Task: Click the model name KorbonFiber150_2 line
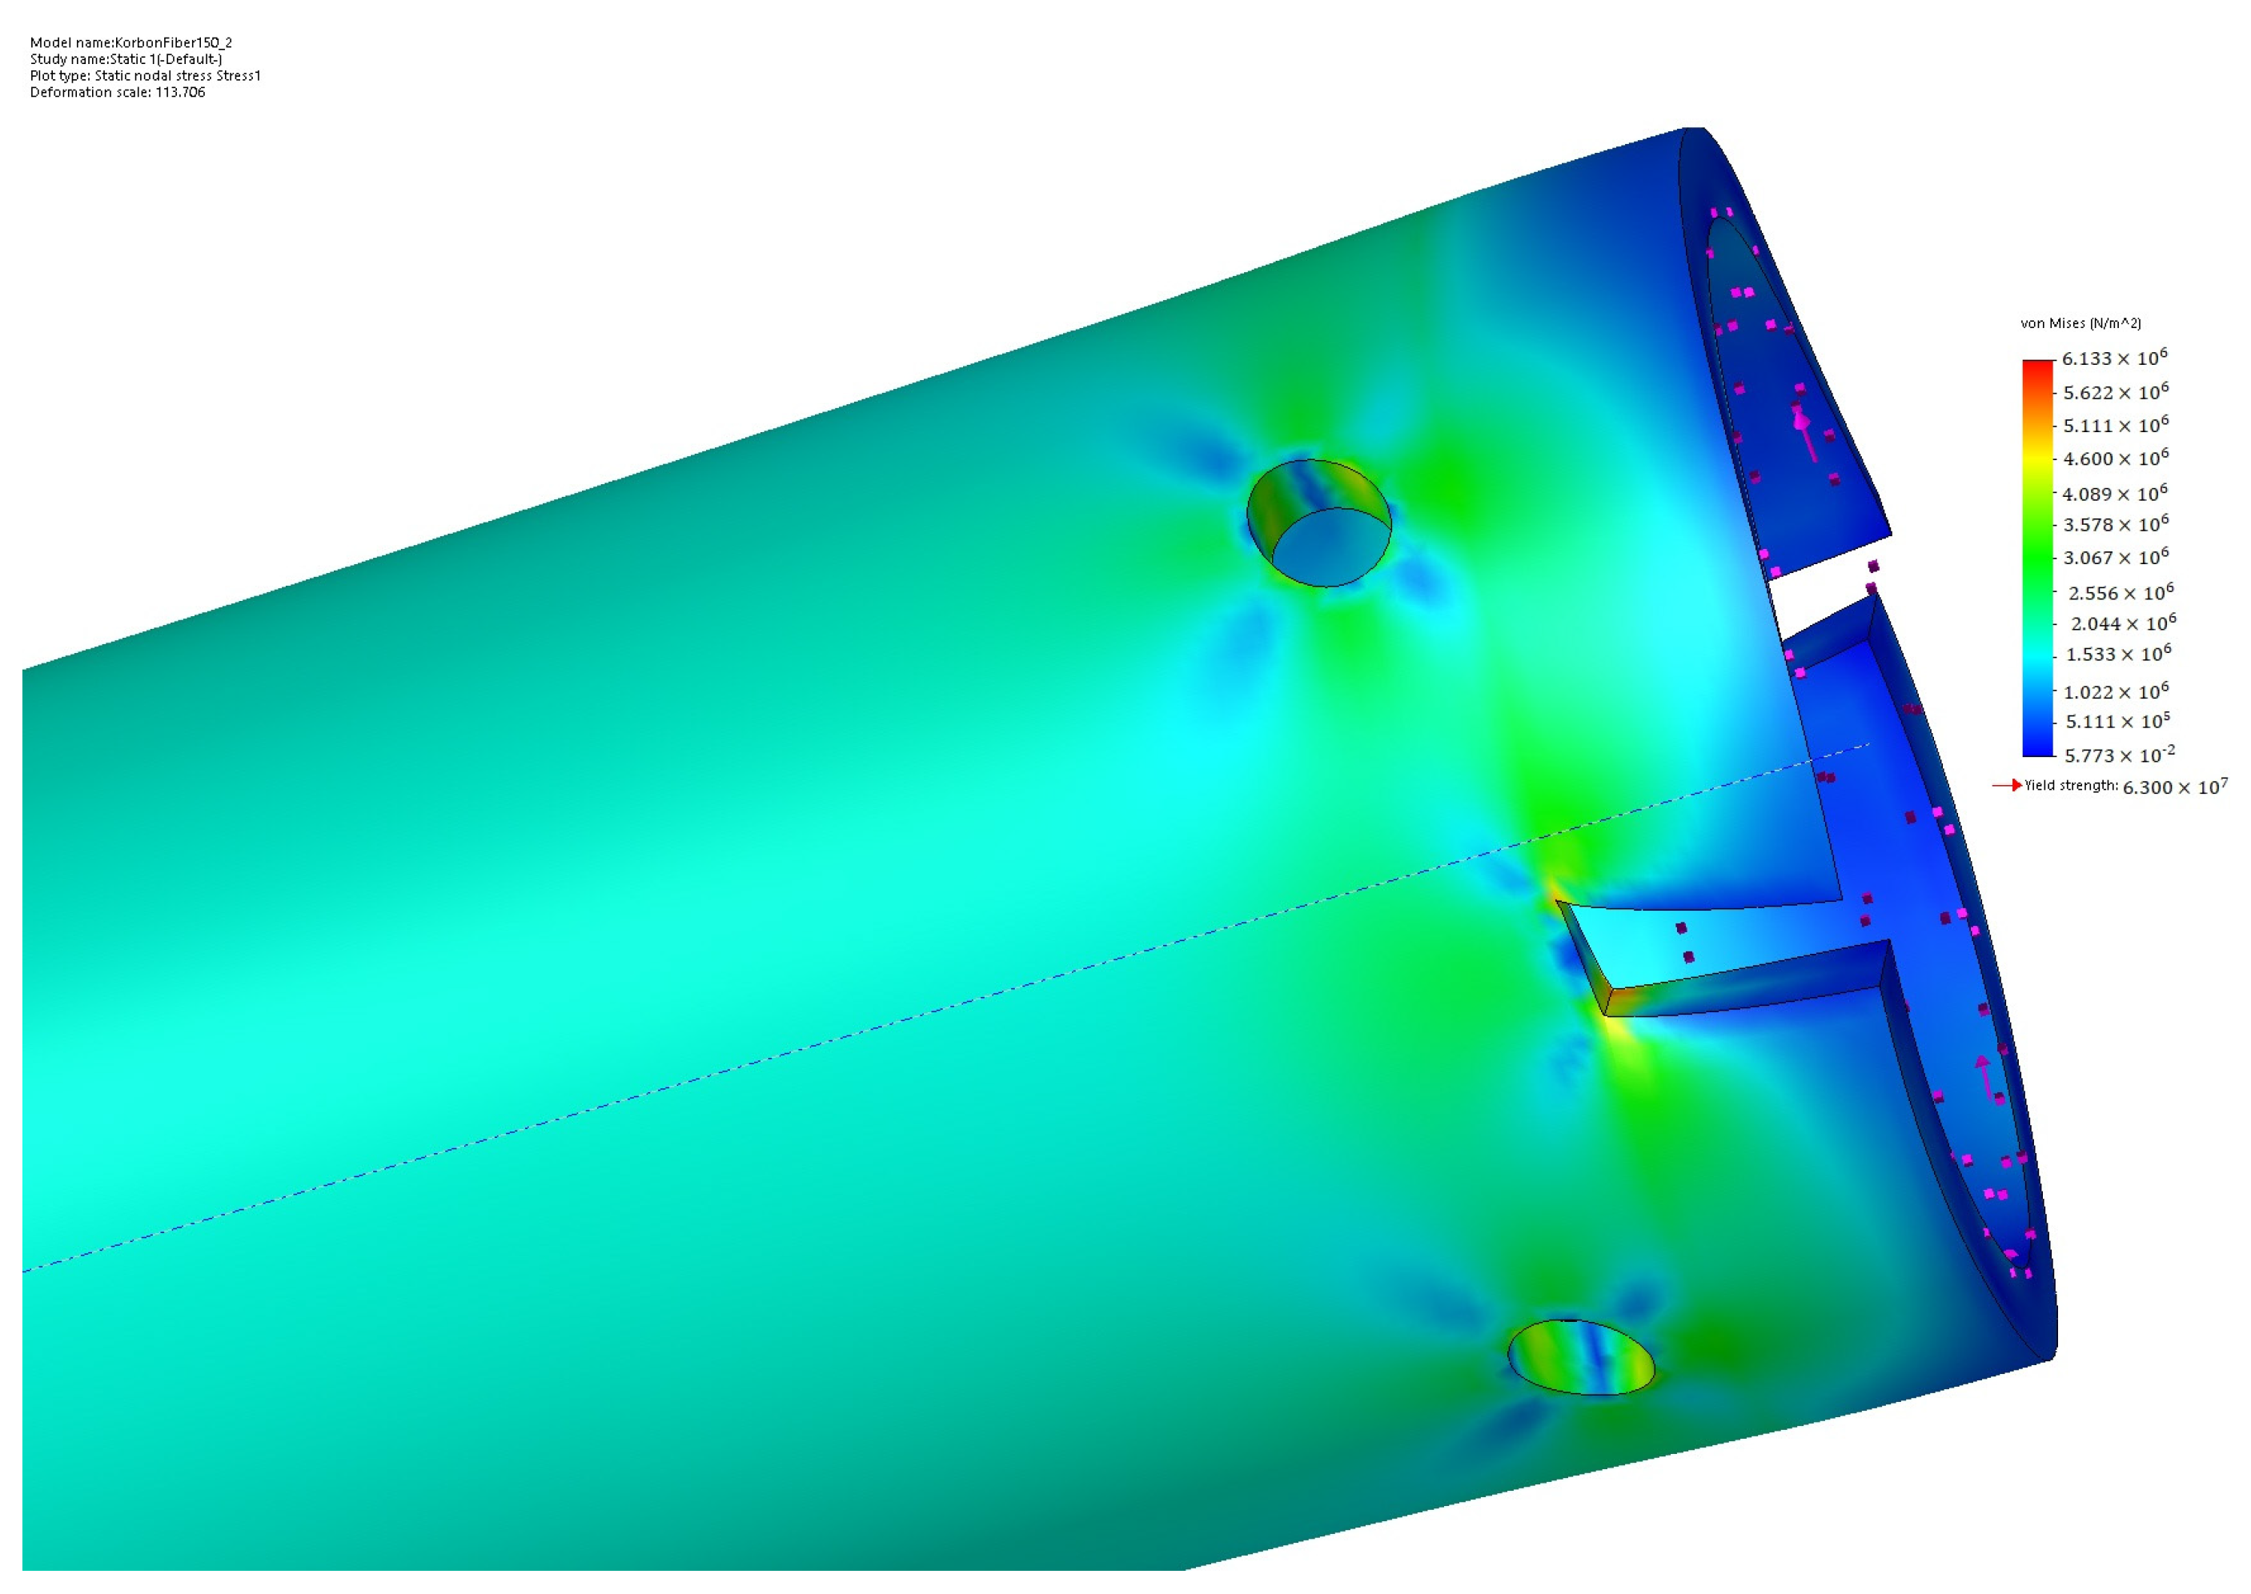(130, 42)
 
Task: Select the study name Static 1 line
(126, 59)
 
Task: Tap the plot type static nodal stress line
(145, 75)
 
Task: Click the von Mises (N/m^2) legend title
(2080, 323)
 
